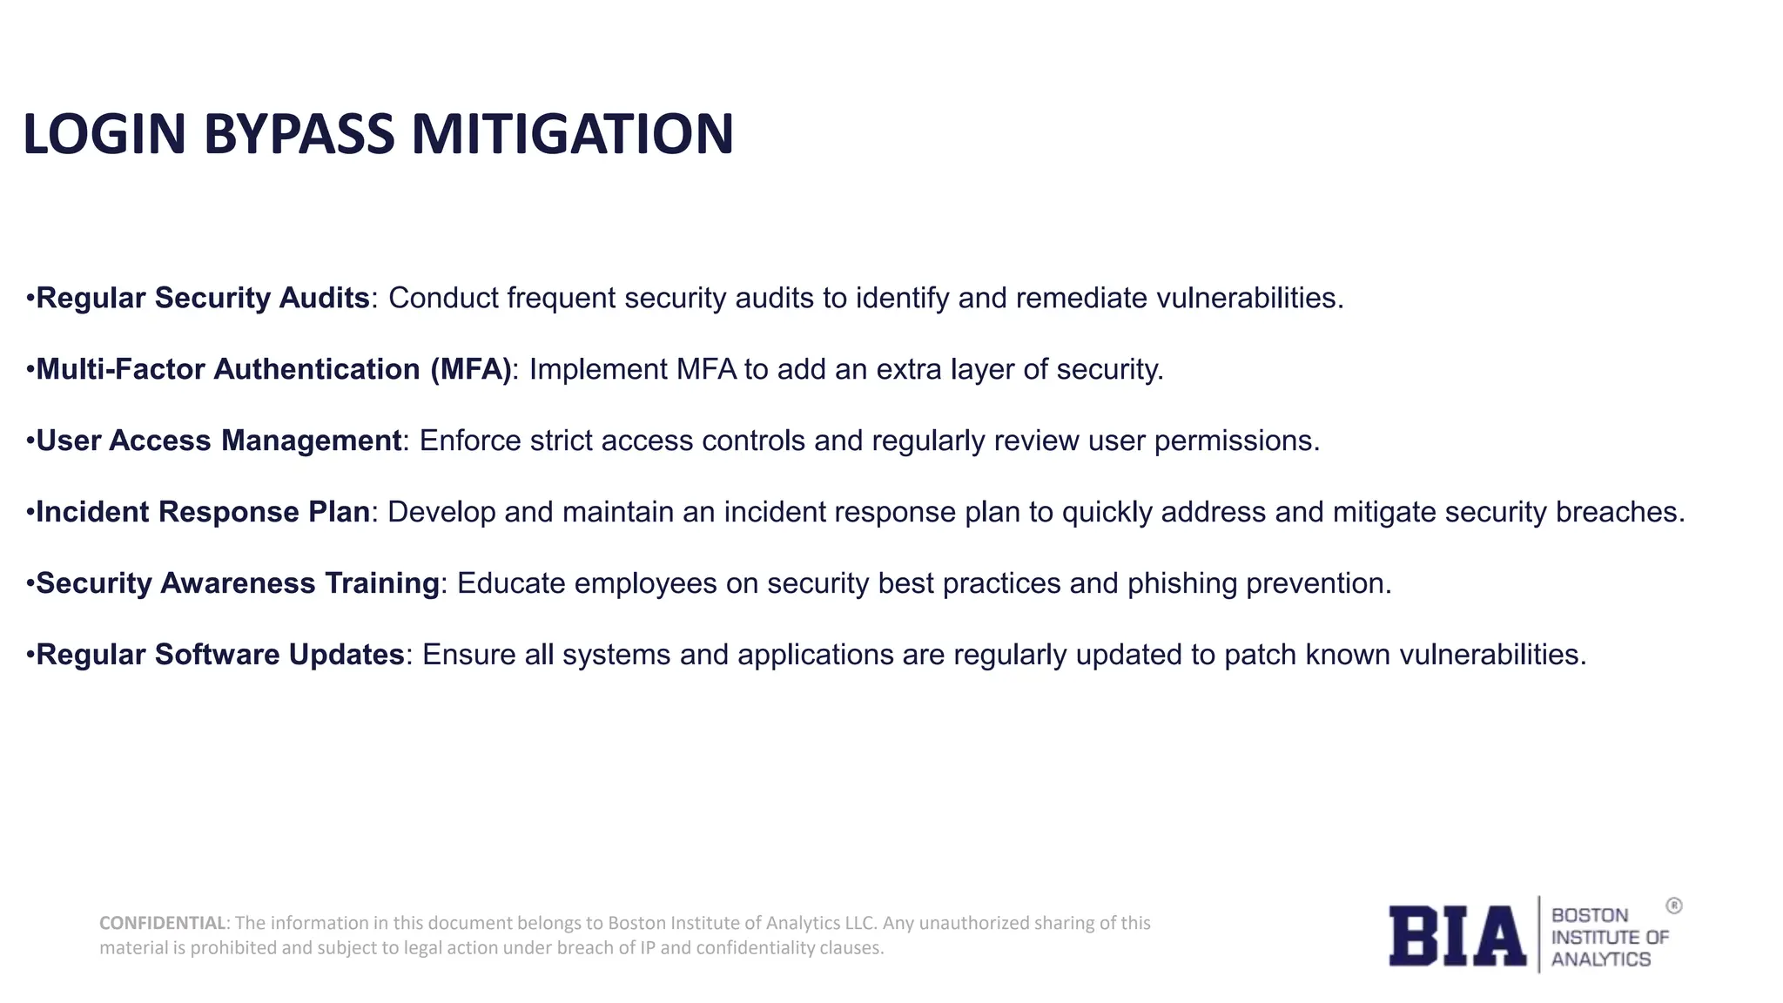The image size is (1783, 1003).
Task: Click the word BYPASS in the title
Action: coord(299,135)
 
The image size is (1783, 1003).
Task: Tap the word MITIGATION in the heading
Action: coord(572,135)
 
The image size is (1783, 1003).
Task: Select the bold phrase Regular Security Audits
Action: coord(203,298)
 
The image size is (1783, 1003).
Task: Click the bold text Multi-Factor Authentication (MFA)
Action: coord(273,369)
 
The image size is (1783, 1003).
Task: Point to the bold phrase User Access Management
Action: coord(219,441)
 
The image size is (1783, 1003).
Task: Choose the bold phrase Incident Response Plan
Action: coord(203,512)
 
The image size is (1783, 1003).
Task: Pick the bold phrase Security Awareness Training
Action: coord(238,583)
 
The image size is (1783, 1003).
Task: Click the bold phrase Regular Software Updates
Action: coord(220,655)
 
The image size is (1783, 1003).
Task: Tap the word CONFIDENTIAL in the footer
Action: coord(162,923)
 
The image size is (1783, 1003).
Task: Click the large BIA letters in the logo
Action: coord(1457,936)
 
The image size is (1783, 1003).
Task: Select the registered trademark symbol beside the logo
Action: coord(1673,906)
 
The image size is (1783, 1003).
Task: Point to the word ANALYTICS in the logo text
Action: coord(1600,959)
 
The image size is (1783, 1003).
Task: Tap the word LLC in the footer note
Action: coord(859,923)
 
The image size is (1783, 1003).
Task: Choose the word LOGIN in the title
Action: coord(104,135)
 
